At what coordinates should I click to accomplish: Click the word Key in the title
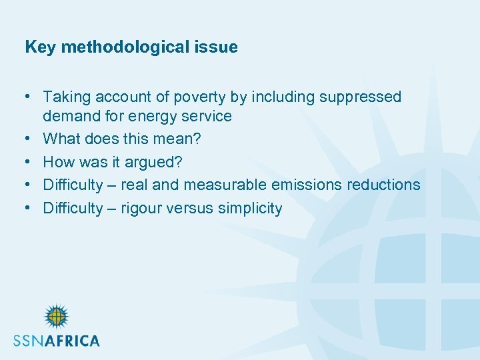(37, 47)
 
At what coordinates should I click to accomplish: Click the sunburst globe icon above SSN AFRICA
(56, 317)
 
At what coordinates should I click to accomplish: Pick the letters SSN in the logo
(31, 340)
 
